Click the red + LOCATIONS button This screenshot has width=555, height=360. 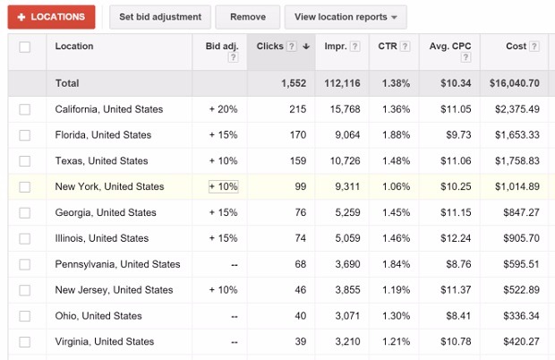point(51,16)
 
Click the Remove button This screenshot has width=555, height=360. point(248,16)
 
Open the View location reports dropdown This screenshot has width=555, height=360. point(345,16)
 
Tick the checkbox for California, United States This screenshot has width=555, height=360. point(25,109)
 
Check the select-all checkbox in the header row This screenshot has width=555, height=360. point(25,47)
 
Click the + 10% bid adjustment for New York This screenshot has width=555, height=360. point(223,187)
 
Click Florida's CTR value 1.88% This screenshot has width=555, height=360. point(394,135)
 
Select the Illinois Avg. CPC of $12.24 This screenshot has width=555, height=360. point(452,239)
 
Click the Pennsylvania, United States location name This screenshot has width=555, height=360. point(117,265)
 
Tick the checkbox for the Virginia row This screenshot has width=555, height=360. point(25,342)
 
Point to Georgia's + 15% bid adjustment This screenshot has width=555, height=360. point(223,213)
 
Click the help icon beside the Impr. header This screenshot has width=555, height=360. point(355,47)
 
